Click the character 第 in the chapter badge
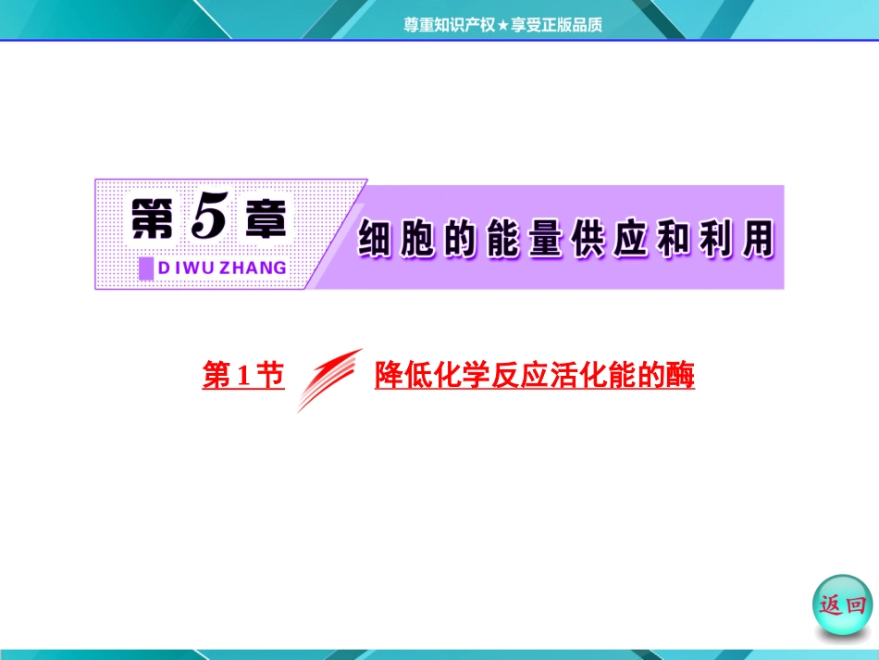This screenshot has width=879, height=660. click(x=151, y=222)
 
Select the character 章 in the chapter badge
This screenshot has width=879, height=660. click(x=261, y=222)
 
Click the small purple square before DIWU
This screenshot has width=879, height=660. click(x=145, y=268)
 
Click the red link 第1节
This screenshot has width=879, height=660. click(x=242, y=376)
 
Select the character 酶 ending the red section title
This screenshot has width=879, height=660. click(x=680, y=376)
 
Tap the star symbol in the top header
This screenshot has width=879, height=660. click(x=503, y=26)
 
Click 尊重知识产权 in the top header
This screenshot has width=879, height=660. click(x=450, y=26)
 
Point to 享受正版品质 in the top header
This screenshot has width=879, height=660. click(x=556, y=26)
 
